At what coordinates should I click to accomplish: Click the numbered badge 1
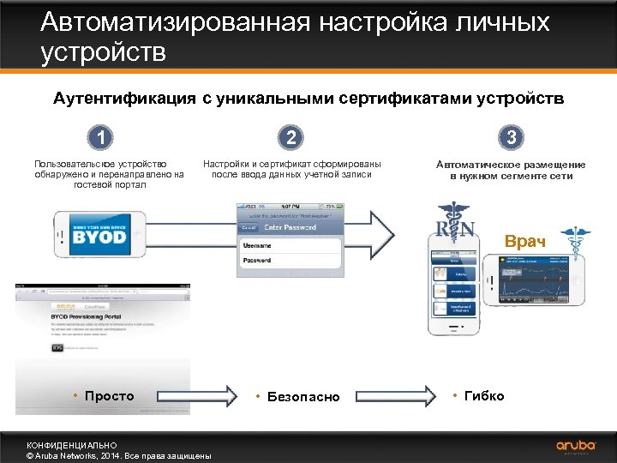[102, 138]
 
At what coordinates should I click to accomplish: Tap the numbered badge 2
[292, 138]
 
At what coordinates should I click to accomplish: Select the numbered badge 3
[512, 138]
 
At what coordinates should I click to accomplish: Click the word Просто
[110, 395]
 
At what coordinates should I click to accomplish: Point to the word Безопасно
[303, 397]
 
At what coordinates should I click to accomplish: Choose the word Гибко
[484, 395]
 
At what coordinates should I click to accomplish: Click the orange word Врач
[524, 241]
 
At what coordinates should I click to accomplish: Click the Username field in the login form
[291, 244]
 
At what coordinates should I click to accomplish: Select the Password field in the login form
[291, 260]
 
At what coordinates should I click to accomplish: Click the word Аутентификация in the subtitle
[125, 99]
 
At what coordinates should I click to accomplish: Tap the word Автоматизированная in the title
[176, 22]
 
